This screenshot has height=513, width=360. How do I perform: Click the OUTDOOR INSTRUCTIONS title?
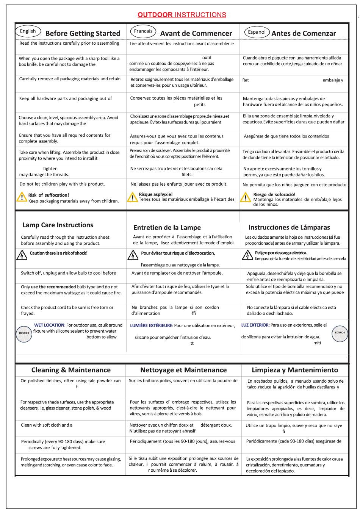(182, 15)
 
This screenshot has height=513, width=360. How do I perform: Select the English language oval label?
(28, 31)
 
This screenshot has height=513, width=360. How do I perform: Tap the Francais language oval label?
(143, 31)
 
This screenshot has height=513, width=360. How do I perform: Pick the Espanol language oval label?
(257, 32)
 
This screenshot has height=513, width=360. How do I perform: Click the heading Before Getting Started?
(83, 33)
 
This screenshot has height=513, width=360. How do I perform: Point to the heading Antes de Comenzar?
(304, 33)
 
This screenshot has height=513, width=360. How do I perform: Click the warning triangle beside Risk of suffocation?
(22, 197)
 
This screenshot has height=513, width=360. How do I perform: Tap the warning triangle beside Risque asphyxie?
(132, 197)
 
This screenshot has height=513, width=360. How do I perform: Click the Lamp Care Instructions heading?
(58, 225)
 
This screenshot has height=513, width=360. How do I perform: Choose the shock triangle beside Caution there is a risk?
(22, 255)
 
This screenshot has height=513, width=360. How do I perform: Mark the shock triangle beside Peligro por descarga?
(247, 255)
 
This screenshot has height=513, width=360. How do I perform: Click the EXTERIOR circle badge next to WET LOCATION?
(24, 333)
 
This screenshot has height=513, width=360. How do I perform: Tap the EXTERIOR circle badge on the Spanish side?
(340, 333)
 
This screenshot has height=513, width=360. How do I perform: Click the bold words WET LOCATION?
(49, 325)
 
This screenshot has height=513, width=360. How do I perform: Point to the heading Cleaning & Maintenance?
(71, 370)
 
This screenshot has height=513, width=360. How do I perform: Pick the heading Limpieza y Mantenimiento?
(295, 370)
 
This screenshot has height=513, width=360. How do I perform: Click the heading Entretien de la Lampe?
(167, 228)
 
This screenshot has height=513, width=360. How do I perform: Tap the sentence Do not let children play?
(62, 184)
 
